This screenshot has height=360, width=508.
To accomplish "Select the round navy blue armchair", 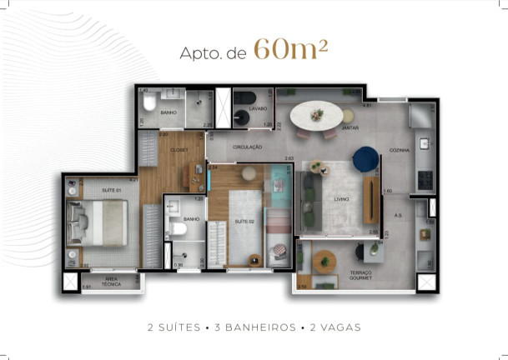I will (x=365, y=156).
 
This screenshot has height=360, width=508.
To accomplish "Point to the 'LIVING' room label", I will (x=341, y=200).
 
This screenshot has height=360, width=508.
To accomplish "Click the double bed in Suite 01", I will (x=96, y=223).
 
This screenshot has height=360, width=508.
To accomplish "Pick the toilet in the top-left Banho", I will (x=147, y=102).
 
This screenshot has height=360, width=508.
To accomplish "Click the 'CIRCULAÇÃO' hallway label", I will (x=248, y=147).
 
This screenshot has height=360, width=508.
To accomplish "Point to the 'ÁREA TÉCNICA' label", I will (x=112, y=282).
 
